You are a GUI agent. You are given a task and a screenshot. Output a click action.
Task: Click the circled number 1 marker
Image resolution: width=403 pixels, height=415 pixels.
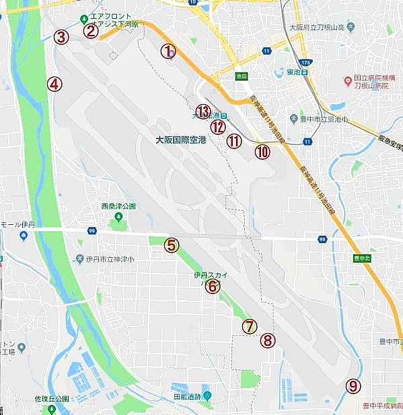tap(168, 50)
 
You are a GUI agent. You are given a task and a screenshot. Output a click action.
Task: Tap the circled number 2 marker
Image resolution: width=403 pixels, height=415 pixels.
tap(91, 30)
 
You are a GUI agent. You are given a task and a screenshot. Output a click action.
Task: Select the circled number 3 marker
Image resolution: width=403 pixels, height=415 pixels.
tap(61, 37)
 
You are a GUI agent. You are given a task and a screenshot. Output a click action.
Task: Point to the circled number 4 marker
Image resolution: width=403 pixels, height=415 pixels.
tap(54, 84)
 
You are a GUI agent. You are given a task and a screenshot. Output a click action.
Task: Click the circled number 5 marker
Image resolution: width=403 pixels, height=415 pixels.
tap(172, 246)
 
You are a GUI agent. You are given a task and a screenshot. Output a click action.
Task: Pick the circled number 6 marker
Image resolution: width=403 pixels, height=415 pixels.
tap(213, 287)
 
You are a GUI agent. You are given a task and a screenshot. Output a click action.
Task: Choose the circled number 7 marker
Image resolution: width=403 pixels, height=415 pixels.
tap(250, 326)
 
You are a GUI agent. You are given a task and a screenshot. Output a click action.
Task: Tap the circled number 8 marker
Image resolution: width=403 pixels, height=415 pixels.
tap(268, 340)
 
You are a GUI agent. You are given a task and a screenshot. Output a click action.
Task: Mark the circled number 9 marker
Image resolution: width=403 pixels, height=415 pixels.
tap(353, 386)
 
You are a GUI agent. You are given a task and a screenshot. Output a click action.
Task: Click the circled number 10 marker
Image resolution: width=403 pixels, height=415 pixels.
tap(262, 152)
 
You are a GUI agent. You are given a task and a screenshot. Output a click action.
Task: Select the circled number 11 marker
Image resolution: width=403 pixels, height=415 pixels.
tap(233, 141)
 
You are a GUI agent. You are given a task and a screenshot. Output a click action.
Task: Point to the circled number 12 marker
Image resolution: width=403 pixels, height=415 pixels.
tap(217, 126)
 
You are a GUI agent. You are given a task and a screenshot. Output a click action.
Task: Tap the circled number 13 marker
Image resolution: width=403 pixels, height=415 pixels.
tap(203, 111)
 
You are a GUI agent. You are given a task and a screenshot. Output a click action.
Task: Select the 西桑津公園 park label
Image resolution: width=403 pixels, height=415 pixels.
tap(118, 206)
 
